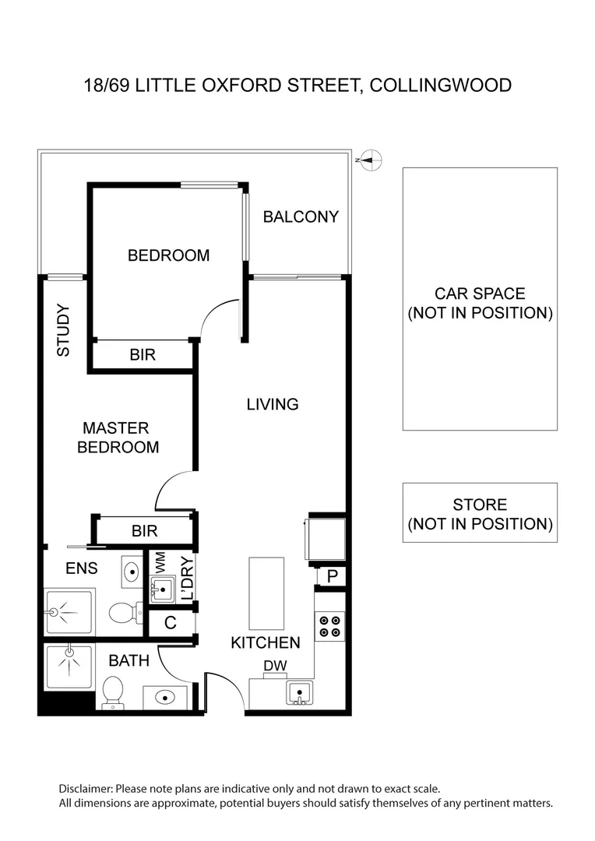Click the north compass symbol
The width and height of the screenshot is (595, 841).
pyautogui.click(x=372, y=160)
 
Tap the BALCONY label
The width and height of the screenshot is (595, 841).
pyautogui.click(x=301, y=217)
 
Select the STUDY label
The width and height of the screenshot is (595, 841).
pyautogui.click(x=63, y=330)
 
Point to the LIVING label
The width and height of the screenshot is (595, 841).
pyautogui.click(x=273, y=405)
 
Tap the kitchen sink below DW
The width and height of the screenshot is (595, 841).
pyautogui.click(x=299, y=692)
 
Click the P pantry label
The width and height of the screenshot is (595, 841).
pyautogui.click(x=332, y=577)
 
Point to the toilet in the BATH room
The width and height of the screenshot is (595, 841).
pyautogui.click(x=113, y=691)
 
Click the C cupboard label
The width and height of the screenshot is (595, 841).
pyautogui.click(x=171, y=623)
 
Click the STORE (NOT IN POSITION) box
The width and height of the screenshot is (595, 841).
pyautogui.click(x=480, y=513)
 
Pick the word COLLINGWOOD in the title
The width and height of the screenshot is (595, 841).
pyautogui.click(x=440, y=85)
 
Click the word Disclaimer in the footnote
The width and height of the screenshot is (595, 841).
pyautogui.click(x=86, y=789)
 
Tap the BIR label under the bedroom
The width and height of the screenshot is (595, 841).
pyautogui.click(x=143, y=355)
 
